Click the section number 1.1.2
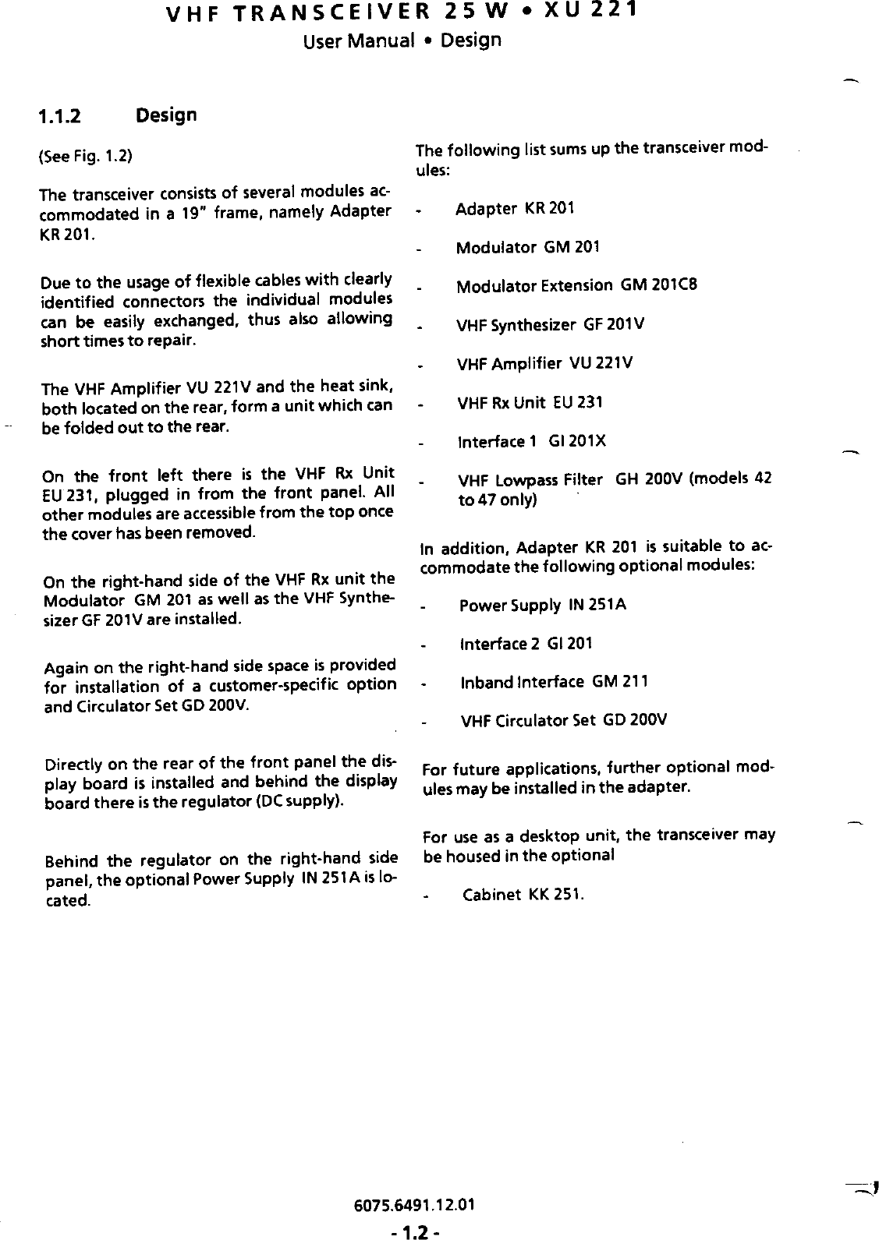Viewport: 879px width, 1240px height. pyautogui.click(x=61, y=117)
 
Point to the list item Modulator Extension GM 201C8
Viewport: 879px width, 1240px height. pyautogui.click(x=565, y=285)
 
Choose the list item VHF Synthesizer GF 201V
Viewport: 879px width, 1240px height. pyautogui.click(x=550, y=324)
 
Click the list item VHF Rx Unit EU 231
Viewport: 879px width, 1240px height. pyautogui.click(x=530, y=403)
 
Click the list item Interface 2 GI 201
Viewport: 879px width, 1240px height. pyautogui.click(x=526, y=644)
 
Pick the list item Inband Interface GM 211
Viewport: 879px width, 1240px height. pyautogui.click(x=543, y=683)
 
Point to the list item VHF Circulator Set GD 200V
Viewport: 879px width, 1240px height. pyautogui.click(x=564, y=720)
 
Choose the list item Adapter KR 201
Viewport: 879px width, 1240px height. pyautogui.click(x=515, y=209)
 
